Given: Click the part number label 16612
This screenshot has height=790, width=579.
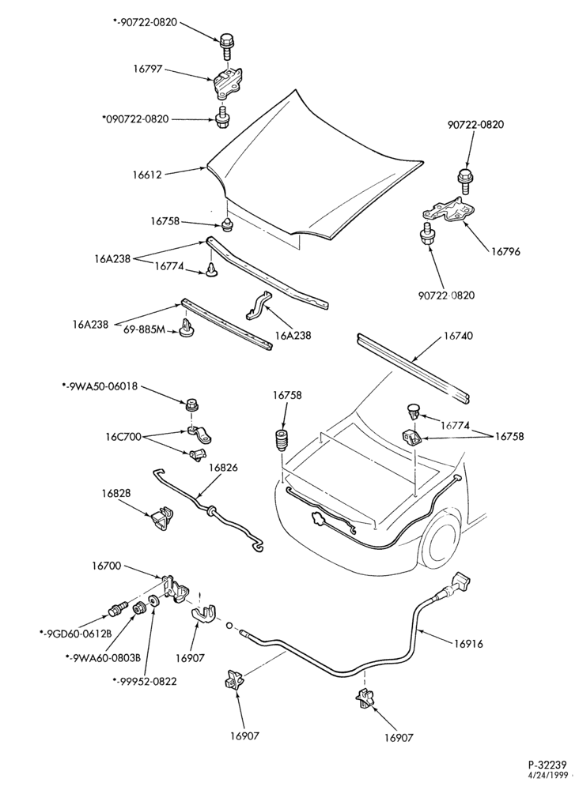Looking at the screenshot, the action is [147, 175].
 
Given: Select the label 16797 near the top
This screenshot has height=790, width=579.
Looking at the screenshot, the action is [148, 69].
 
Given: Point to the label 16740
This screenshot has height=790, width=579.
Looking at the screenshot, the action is [458, 336].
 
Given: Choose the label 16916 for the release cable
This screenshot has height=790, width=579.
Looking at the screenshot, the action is [468, 643].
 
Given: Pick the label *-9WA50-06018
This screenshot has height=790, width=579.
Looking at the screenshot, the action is [100, 387].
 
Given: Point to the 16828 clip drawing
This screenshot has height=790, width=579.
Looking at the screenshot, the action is [161, 519].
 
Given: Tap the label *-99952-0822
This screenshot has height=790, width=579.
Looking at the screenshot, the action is [145, 682].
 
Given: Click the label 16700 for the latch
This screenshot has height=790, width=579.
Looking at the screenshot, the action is [107, 566].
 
